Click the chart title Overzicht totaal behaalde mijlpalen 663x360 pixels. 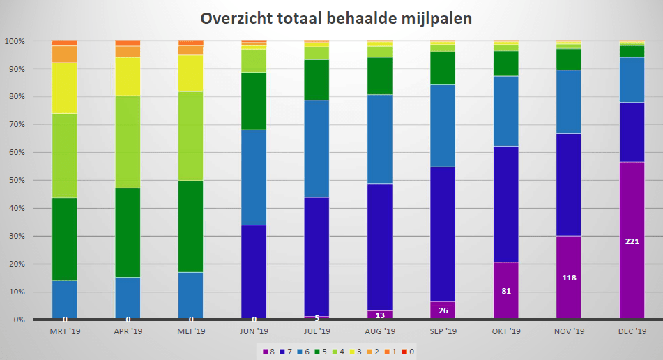click(336, 19)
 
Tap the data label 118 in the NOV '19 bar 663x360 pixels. click(569, 278)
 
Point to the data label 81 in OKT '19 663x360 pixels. click(506, 291)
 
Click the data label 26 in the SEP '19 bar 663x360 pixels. click(443, 310)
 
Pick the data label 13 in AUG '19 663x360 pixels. click(380, 315)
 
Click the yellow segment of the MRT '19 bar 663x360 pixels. click(65, 88)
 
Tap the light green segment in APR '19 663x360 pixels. click(128, 142)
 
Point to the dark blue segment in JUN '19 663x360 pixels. click(254, 272)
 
